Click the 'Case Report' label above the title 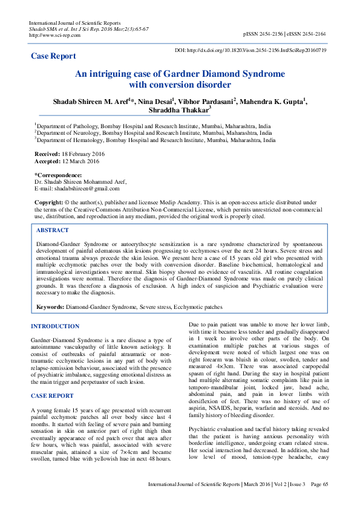click(54, 56)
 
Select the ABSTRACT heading click(53, 230)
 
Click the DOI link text click(250, 50)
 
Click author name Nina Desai click(155, 101)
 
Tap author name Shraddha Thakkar click(178, 111)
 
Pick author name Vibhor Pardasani click(208, 101)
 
